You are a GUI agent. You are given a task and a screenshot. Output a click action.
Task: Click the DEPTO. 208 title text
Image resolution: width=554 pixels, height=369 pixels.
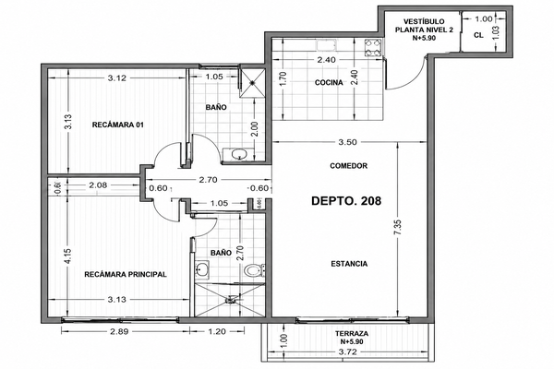(346, 201)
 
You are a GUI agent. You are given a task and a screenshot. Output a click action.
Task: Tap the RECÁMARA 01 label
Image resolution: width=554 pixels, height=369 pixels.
(118, 125)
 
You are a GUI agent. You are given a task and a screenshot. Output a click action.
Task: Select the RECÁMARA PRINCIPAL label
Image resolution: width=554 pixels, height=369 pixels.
(126, 274)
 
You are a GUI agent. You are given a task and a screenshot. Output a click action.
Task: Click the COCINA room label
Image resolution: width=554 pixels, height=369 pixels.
(329, 83)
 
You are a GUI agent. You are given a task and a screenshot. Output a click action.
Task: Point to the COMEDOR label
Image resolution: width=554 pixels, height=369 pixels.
(349, 166)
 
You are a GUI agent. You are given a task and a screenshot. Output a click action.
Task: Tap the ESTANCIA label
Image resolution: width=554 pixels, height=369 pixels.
(349, 264)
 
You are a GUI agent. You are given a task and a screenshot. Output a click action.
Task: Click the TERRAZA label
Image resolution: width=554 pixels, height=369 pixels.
(352, 333)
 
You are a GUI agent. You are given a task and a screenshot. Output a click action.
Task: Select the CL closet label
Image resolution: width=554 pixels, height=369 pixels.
(478, 35)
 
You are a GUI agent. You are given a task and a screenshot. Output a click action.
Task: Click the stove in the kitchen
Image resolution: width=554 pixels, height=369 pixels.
(373, 48)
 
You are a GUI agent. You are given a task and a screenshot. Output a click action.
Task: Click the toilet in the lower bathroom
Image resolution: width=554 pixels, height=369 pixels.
(254, 271)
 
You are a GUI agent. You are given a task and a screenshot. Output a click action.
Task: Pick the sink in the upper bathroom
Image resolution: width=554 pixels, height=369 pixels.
(239, 154)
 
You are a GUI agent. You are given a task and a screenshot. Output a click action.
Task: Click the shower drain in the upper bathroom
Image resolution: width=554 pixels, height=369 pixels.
(252, 83)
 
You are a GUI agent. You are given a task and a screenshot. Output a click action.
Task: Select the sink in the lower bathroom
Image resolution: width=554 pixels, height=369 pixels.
(202, 270)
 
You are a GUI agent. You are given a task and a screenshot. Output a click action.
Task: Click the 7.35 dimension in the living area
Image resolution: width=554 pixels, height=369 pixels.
(398, 228)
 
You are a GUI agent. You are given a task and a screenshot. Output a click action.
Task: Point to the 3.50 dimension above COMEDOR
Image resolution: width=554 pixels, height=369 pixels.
(348, 142)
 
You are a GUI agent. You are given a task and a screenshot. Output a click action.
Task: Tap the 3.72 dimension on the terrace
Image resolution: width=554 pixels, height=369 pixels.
(348, 352)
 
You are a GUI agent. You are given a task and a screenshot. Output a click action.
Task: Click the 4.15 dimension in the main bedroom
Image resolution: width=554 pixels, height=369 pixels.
(67, 256)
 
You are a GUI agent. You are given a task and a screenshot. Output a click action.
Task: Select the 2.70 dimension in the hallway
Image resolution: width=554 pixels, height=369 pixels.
(208, 180)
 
